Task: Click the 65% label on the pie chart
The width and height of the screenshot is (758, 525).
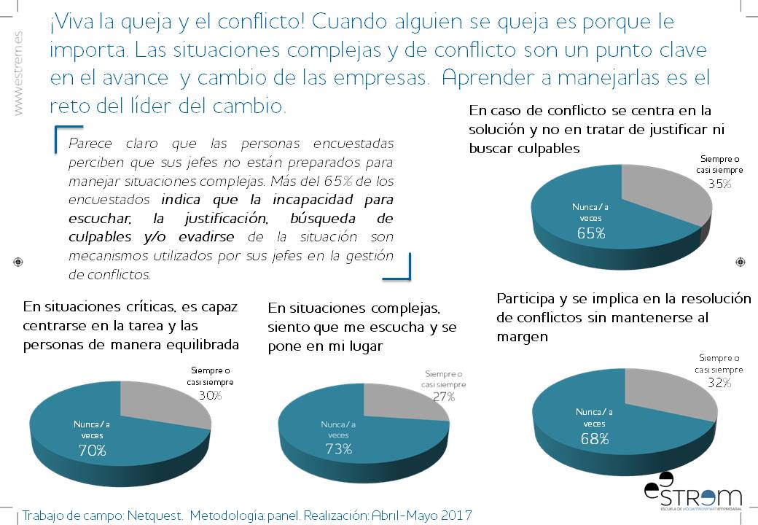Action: tap(591, 233)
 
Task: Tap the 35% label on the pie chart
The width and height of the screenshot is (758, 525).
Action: tap(719, 184)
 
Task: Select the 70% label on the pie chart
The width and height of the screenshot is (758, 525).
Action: tap(93, 451)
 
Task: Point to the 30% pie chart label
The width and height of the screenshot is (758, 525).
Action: tap(210, 395)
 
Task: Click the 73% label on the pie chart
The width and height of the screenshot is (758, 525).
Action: tap(338, 449)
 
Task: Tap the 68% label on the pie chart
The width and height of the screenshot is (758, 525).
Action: tap(595, 438)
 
